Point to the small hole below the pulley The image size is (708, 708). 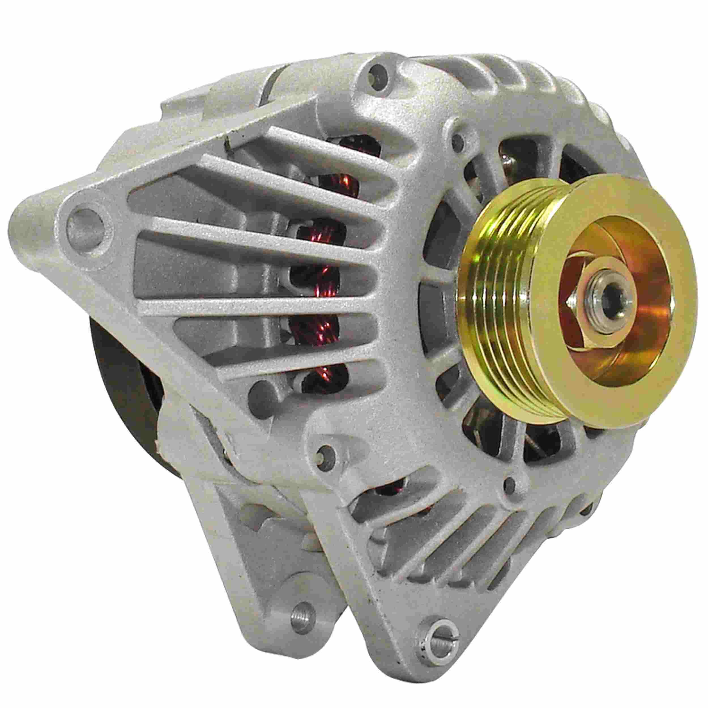coord(509,483)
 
